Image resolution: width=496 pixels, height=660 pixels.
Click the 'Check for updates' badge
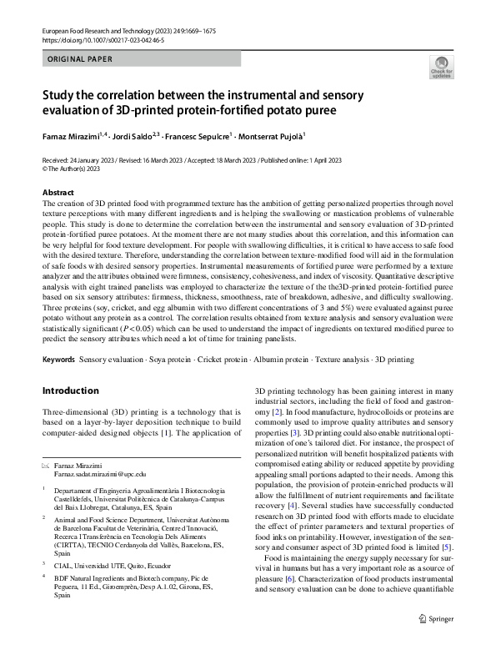[441, 68]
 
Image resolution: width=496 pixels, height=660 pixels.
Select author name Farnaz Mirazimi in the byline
[71, 134]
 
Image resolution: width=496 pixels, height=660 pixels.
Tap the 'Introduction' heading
[70, 390]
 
